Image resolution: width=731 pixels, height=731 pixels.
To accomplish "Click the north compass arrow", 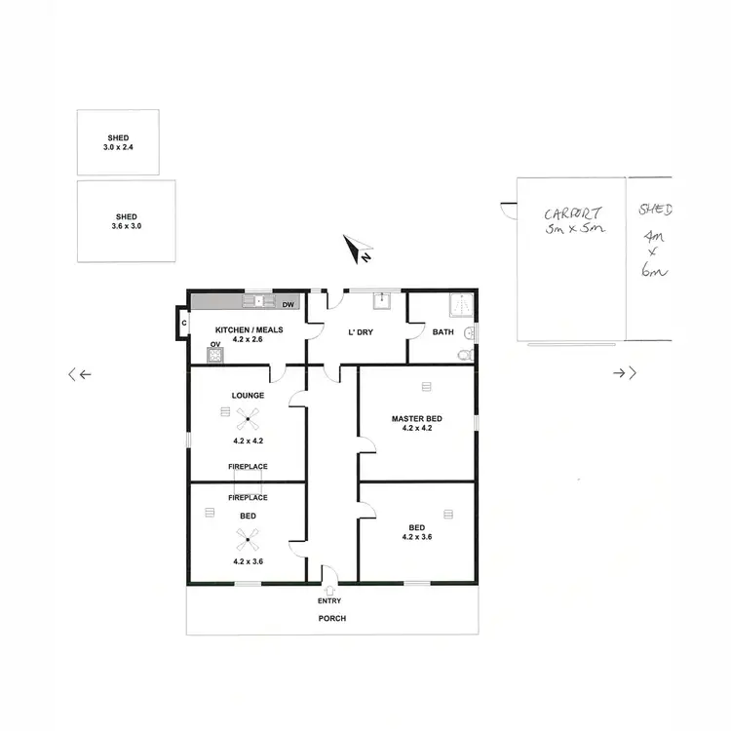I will click(358, 250).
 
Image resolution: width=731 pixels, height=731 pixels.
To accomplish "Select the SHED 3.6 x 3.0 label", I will click(127, 221).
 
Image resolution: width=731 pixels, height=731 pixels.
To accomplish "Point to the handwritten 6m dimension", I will click(650, 272).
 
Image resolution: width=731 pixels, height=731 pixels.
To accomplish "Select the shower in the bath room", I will click(459, 305).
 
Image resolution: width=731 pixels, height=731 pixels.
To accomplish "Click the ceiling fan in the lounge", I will click(248, 419).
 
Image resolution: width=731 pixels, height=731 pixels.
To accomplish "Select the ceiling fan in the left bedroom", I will click(248, 537).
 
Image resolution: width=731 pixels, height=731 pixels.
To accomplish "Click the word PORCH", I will click(331, 619).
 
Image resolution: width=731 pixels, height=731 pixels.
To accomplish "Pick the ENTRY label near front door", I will click(329, 601).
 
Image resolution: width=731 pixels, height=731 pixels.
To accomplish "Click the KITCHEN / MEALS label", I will click(250, 329).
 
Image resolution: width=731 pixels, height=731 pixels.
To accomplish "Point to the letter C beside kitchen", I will click(182, 323).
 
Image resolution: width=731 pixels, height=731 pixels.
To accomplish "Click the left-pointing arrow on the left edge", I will click(79, 374).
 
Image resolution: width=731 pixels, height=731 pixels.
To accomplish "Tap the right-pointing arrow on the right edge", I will click(625, 372).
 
